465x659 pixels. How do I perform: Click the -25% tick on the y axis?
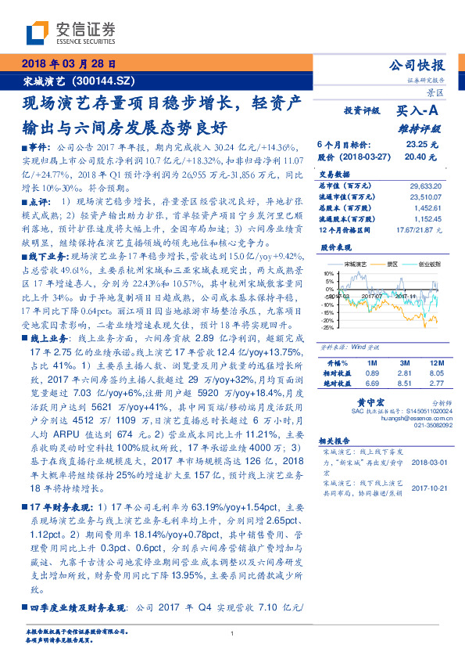[x=327, y=328]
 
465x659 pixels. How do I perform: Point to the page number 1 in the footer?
[x=233, y=633]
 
